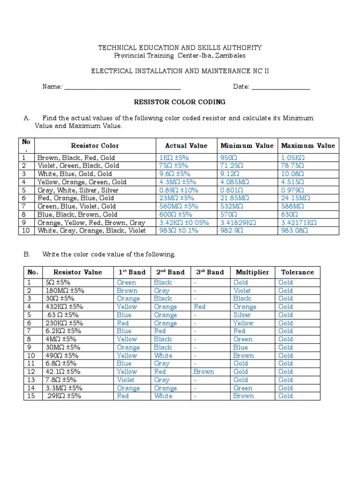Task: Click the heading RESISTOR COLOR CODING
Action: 180,102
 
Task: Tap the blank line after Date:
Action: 281,88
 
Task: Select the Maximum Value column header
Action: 308,145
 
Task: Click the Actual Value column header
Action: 186,145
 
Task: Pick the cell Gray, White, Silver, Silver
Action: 78,190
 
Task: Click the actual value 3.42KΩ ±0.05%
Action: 184,223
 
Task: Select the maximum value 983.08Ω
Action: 295,231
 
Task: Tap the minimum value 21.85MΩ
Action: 235,198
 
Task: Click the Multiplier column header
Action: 252,272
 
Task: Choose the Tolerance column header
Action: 297,272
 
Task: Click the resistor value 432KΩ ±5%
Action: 64,307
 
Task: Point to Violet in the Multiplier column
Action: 242,291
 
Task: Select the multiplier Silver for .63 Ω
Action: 242,315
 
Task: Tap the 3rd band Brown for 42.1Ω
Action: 203,372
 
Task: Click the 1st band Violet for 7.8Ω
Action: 126,380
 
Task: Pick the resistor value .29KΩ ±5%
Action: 64,396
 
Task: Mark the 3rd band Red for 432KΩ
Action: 199,307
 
